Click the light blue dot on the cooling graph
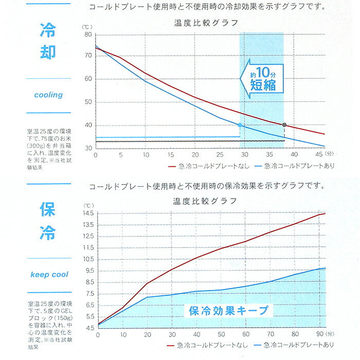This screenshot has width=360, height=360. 240,125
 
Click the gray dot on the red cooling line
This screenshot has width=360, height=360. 284,124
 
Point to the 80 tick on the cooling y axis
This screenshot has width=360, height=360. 88,34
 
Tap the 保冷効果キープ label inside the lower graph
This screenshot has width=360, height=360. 229,310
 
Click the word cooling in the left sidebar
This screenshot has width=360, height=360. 48,95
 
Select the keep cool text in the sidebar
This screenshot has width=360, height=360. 49,274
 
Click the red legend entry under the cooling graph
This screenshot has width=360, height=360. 208,166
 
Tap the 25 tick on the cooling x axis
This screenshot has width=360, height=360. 220,155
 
